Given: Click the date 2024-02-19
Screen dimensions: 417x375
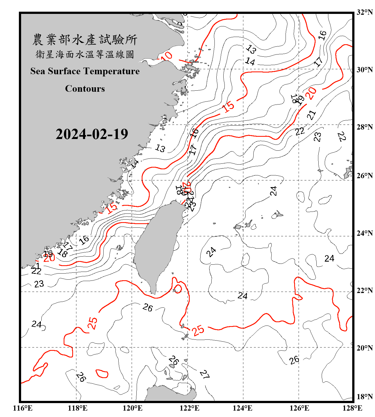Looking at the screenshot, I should [92, 134].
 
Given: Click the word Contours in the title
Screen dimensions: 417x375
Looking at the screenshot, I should [85, 88].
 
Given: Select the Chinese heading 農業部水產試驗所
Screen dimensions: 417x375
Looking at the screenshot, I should [85, 39].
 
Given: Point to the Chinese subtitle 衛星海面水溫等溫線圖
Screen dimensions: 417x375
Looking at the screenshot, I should [85, 54].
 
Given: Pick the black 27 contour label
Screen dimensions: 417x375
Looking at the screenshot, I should [205, 374].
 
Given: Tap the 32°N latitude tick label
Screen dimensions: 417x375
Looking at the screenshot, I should [364, 12].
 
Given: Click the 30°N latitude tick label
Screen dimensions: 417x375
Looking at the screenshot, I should [364, 69].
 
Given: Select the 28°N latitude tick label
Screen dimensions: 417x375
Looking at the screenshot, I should [364, 127].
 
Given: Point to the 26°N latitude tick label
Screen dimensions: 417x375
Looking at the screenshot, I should [364, 176].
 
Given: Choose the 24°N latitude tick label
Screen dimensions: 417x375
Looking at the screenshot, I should [364, 233].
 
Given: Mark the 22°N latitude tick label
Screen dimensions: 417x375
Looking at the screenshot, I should [364, 290].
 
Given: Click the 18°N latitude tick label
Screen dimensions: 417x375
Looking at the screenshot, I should [364, 396].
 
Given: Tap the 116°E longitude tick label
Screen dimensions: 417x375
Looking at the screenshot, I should [23, 408].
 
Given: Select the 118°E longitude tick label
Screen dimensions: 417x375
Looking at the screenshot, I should [77, 408].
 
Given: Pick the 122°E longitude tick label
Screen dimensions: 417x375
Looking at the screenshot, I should [189, 408].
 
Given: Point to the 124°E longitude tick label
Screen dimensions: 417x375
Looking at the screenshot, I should [242, 408].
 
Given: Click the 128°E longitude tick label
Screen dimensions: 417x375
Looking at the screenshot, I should [352, 408].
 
